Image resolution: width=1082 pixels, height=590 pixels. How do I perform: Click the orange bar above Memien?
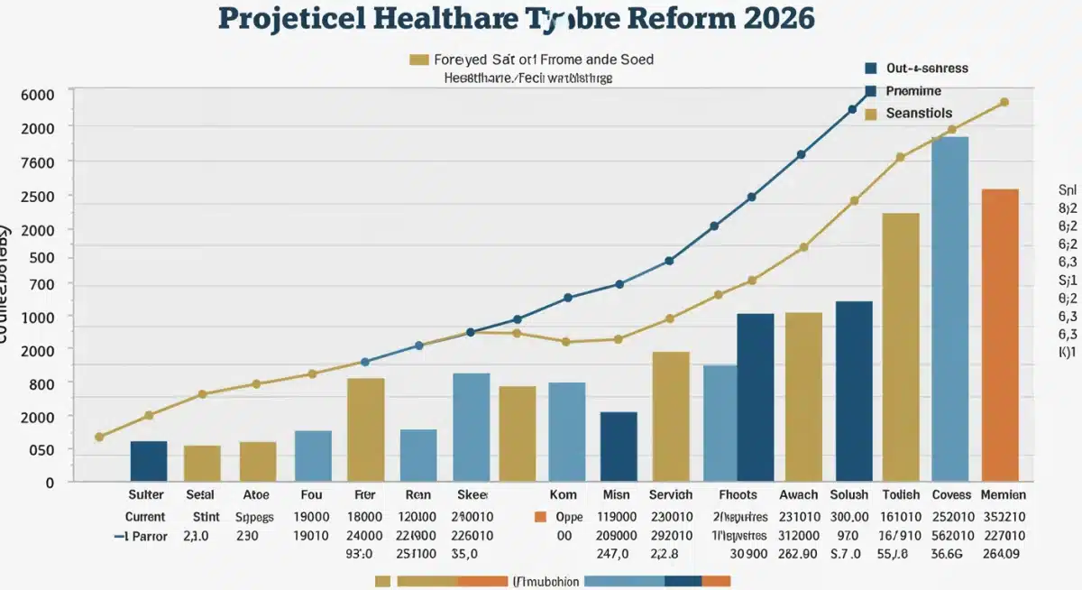tap(1000, 334)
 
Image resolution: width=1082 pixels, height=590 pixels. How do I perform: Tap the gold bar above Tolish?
tap(900, 346)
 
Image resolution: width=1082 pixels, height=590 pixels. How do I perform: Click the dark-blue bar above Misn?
tap(619, 446)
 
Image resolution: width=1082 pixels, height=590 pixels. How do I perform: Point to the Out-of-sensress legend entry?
tap(927, 68)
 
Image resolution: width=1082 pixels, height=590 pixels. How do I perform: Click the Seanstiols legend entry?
tap(918, 114)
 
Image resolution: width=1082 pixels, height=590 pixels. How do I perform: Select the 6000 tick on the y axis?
tap(37, 95)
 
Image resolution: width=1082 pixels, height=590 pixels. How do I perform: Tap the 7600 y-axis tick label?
tap(37, 161)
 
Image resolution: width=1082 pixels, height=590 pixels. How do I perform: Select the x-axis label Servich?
tap(671, 494)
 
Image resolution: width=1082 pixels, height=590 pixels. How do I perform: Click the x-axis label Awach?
tap(798, 494)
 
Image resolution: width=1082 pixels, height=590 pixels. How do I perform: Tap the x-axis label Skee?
tap(472, 494)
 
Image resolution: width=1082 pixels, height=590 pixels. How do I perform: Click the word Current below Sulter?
tap(145, 517)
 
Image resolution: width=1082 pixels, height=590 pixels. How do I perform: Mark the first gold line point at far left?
tap(99, 437)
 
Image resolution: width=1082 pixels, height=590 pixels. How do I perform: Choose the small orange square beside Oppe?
tap(540, 517)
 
